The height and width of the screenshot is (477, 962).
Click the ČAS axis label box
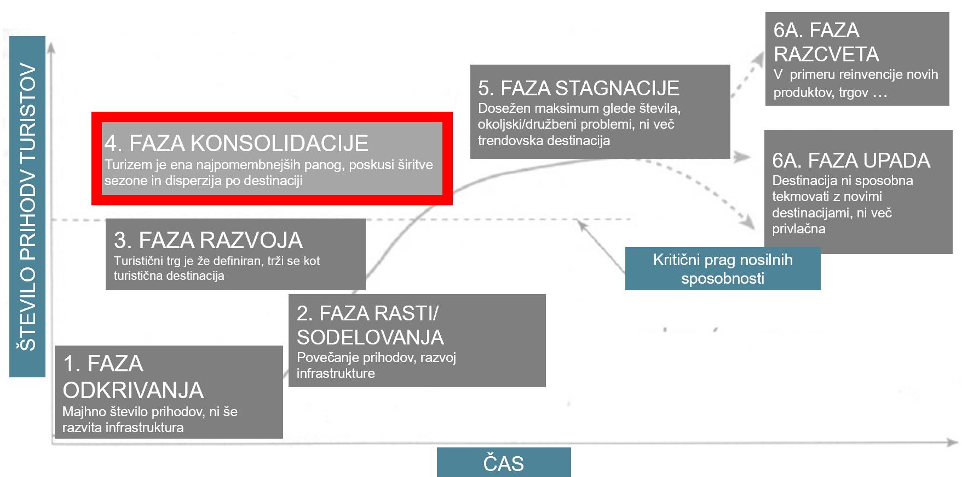tap(503, 463)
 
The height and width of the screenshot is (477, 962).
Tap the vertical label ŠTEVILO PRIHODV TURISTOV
tap(27, 207)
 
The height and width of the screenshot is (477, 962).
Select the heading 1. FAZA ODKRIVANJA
tap(133, 377)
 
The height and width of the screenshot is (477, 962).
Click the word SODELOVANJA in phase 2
tap(370, 337)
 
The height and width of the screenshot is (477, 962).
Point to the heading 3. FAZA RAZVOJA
tap(208, 240)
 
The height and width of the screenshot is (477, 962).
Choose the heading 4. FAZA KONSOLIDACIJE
tap(236, 143)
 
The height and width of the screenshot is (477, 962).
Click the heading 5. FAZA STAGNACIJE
tap(578, 88)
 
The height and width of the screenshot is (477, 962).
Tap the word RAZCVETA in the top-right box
tap(826, 54)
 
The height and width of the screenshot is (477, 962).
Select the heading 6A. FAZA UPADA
tap(851, 160)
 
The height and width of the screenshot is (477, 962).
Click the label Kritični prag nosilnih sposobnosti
tap(722, 268)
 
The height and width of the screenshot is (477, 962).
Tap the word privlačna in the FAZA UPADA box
tap(798, 229)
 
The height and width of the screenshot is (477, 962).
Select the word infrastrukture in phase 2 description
tap(336, 373)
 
